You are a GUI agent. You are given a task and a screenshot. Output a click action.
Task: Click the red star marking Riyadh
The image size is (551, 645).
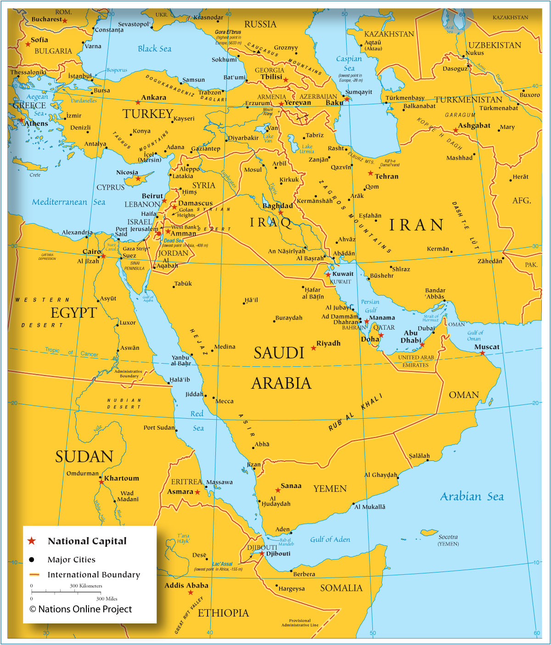(314, 348)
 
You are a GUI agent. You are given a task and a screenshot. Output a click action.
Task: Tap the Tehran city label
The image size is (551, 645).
(386, 176)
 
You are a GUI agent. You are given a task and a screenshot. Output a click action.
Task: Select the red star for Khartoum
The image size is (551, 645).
(101, 482)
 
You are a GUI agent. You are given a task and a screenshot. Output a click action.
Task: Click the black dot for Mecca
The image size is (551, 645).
(214, 398)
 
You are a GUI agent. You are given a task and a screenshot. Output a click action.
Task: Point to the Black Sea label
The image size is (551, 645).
(154, 49)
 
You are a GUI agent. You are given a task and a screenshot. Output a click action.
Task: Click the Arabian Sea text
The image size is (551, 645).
(472, 497)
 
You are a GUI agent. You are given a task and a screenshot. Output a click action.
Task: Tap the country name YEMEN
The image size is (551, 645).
(330, 489)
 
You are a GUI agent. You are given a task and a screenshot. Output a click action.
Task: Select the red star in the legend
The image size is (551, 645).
(32, 541)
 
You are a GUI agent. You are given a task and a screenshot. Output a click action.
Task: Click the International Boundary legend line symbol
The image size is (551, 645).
(34, 575)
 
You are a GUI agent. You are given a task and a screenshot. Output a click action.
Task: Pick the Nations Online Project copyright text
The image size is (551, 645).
(81, 609)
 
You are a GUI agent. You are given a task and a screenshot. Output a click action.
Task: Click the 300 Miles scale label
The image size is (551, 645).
(107, 599)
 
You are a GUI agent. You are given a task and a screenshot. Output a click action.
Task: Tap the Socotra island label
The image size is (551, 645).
(448, 537)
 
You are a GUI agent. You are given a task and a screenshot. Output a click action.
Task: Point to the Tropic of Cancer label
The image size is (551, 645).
(71, 353)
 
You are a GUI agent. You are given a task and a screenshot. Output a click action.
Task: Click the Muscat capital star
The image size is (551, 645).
(482, 353)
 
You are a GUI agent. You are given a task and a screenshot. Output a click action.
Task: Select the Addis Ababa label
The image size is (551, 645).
(186, 585)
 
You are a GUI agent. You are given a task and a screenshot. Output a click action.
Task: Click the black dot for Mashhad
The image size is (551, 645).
(474, 154)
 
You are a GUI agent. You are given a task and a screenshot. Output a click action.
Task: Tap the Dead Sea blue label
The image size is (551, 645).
(174, 241)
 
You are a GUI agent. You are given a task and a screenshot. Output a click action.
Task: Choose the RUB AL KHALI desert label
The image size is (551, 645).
(355, 412)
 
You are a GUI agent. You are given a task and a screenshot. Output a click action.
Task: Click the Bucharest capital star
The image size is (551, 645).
(65, 21)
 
